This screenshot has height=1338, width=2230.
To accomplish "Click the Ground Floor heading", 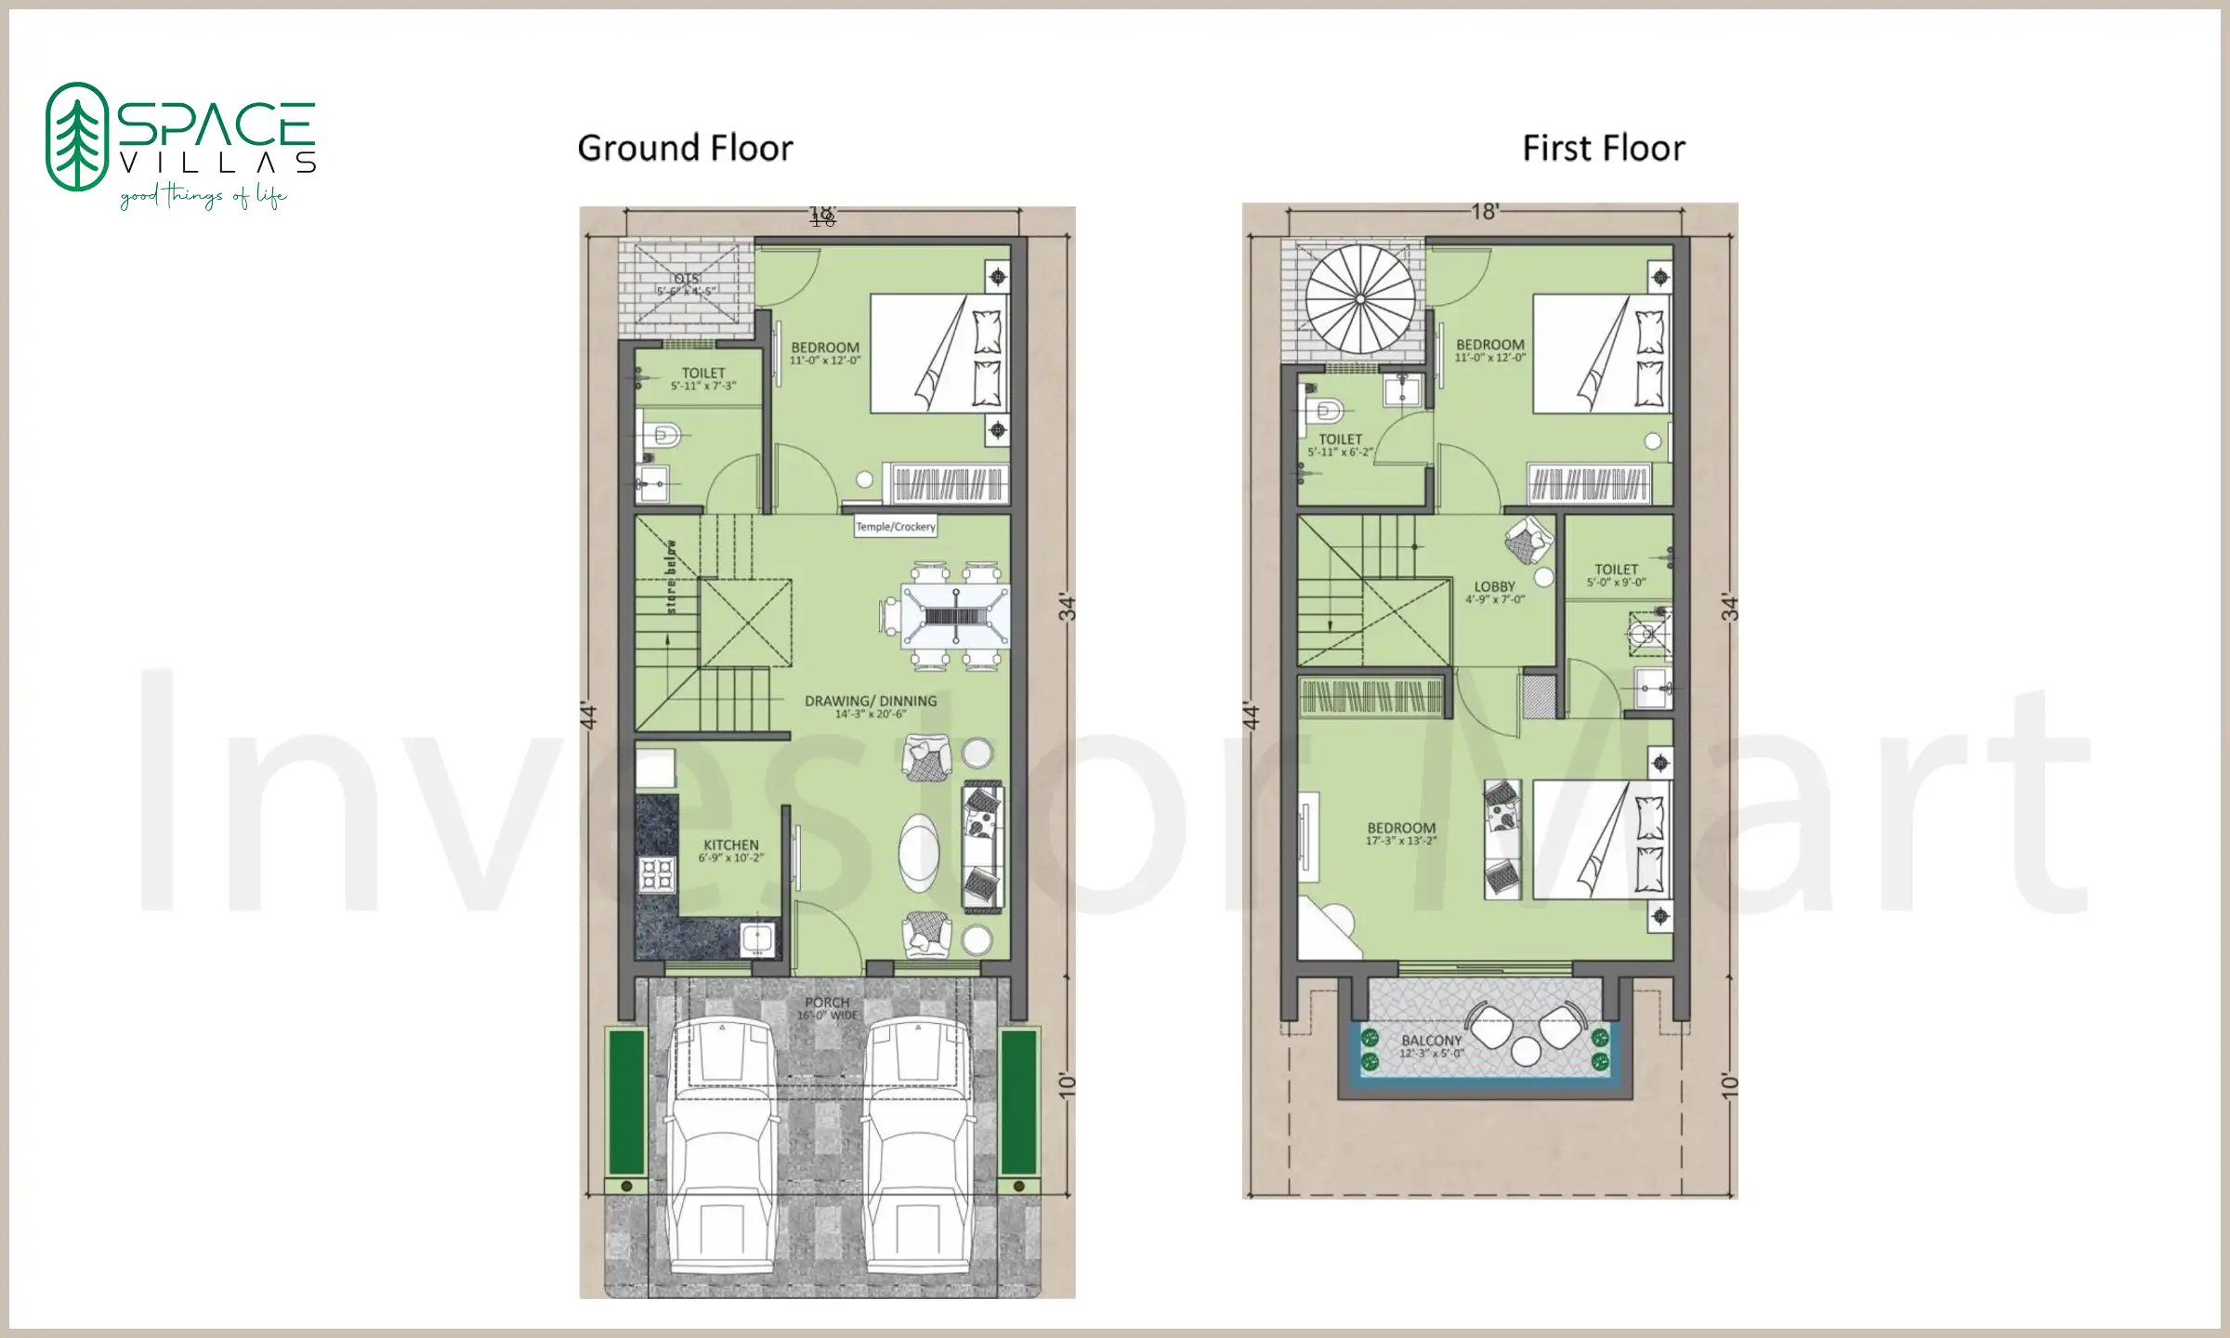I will [x=685, y=149].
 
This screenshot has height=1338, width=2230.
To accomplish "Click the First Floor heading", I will [x=1603, y=149].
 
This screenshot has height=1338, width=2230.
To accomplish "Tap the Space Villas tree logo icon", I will [x=77, y=137].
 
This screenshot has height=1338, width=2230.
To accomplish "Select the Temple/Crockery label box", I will [x=895, y=527].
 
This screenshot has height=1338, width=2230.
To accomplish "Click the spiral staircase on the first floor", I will [x=1359, y=299].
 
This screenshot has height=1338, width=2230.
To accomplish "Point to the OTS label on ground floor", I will [x=686, y=280].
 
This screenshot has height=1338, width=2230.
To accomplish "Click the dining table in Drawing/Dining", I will [x=955, y=615].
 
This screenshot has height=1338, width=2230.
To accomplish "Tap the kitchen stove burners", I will [x=656, y=875].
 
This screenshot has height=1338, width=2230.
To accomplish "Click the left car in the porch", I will [x=722, y=1143].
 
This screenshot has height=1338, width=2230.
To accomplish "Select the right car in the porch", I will [x=920, y=1143].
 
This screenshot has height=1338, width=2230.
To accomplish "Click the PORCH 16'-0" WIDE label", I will [x=826, y=1008].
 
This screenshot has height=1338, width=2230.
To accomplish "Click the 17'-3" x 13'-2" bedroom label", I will [x=1401, y=833].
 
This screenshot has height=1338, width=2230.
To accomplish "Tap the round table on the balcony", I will [x=1526, y=1051].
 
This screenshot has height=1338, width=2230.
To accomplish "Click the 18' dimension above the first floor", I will [x=1484, y=212].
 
